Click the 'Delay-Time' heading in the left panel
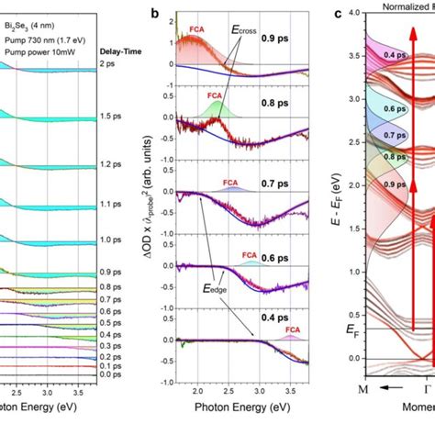click(119, 64)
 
